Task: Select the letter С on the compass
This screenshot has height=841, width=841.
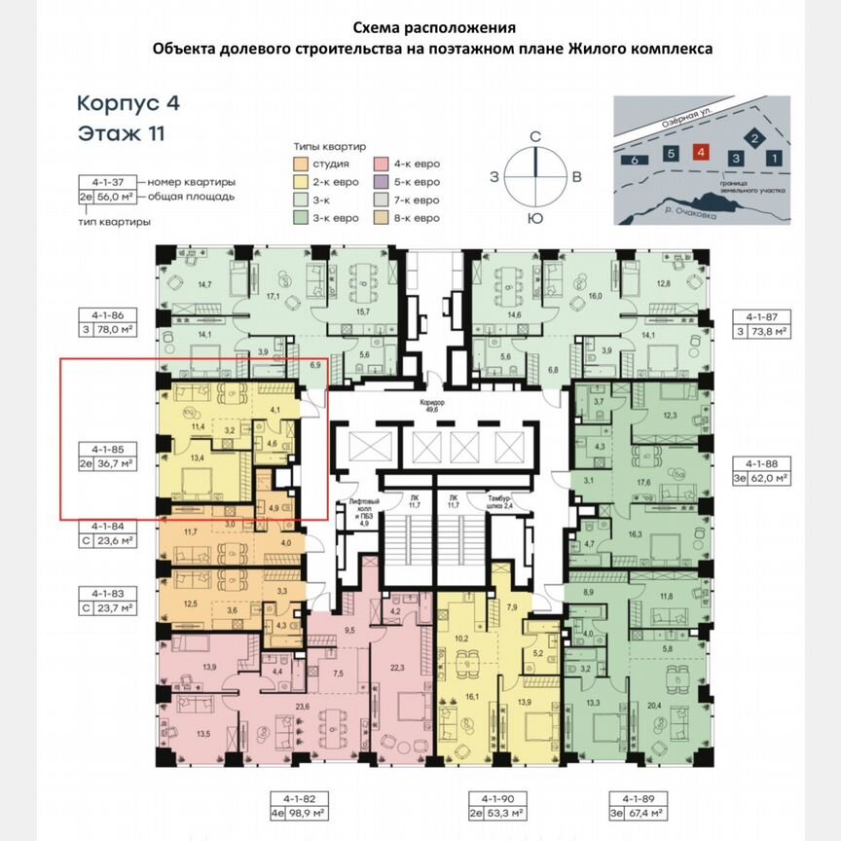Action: click(534, 137)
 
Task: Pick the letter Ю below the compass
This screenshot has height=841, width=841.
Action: click(534, 219)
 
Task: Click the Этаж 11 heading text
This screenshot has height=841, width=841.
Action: click(122, 133)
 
